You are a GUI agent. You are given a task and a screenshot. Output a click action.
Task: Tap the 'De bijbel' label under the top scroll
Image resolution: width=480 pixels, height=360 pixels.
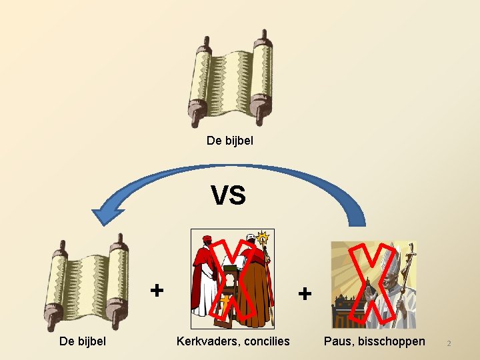click(230, 141)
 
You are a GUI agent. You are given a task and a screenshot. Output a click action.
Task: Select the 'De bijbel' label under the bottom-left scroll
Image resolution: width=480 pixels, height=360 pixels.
click(83, 341)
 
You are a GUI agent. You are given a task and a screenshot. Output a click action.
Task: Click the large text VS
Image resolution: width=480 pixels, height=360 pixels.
click(228, 195)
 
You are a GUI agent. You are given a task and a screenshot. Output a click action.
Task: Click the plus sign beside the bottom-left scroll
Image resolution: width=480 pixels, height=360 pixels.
click(156, 290)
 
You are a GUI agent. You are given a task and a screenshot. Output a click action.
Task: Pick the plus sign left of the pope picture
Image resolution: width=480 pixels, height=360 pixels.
click(304, 293)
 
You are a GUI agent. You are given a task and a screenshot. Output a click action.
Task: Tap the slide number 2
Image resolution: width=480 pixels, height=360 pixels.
click(449, 343)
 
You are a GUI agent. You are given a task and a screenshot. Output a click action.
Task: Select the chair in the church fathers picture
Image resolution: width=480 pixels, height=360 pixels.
click(231, 287)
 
